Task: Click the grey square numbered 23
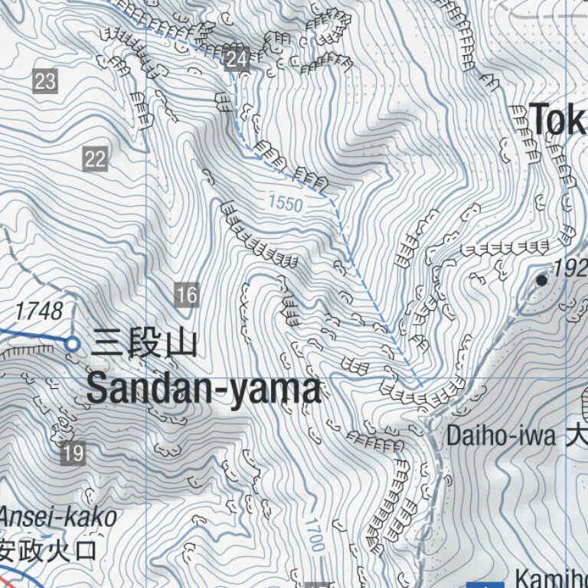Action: pos(45,80)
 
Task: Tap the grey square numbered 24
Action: pos(237,60)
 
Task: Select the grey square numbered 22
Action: pos(94,159)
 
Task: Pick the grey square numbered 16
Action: pos(186,294)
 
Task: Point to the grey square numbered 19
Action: pos(73,453)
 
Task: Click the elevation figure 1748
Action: pos(39,311)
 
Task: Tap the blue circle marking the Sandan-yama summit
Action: pos(72,345)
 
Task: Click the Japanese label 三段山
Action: pos(144,344)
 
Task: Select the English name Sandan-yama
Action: pos(203,389)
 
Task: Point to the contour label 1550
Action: pos(285,204)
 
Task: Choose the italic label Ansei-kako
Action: pos(58,518)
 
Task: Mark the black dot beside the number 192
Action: pos(542,280)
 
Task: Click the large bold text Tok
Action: pos(558,119)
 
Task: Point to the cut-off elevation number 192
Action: pos(570,269)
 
